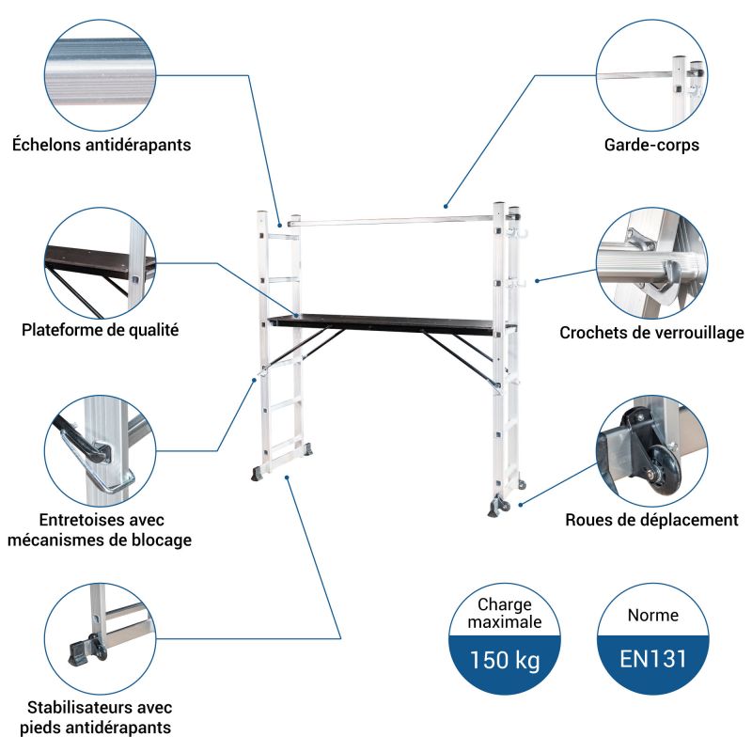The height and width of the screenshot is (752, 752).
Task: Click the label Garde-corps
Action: coord(651,145)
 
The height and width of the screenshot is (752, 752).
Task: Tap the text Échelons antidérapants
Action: coord(102,145)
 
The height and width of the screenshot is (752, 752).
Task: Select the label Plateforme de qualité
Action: coord(101,330)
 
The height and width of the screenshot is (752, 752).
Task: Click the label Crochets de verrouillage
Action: coord(651,333)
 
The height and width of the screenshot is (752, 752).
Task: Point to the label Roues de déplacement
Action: coord(651,520)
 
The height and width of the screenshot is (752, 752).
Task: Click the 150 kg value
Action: coord(505,660)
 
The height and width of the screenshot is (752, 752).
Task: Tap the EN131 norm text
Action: coord(652,659)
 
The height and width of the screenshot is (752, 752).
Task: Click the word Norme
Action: coord(652,615)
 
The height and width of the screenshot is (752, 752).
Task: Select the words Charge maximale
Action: coord(505,613)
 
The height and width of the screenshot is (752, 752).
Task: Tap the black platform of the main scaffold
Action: coord(383,324)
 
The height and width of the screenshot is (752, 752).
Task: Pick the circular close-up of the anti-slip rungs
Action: coord(101,75)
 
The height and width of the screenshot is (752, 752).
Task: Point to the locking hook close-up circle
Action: coord(651,263)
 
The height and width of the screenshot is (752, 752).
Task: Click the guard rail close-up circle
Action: coord(651,75)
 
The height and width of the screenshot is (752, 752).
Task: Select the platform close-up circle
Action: coord(101,263)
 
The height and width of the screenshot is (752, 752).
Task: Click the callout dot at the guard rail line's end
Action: coord(446,207)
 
